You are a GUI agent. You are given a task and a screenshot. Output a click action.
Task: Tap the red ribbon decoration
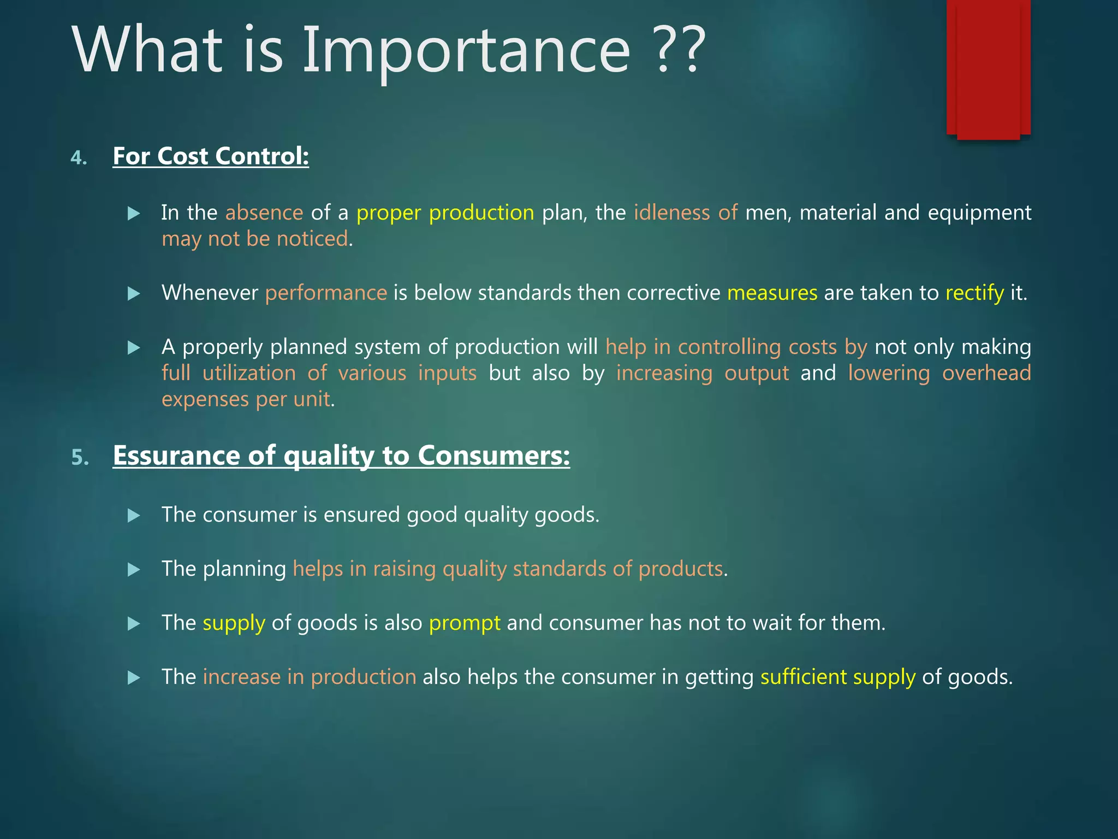point(988,68)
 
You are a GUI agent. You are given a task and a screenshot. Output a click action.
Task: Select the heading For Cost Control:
point(211,156)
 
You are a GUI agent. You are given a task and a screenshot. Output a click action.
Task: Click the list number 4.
point(79,158)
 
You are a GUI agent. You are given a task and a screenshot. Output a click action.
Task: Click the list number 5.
point(80,457)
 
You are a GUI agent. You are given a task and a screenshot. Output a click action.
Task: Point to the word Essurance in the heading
point(176,456)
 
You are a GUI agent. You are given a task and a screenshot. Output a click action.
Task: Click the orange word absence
point(264,212)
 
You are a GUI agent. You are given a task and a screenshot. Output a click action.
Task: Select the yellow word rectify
point(974,293)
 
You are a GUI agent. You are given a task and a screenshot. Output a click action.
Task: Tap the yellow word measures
point(772,293)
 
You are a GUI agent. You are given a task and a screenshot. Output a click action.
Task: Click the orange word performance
point(326,293)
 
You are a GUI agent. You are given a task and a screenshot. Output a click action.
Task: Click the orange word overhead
point(986,373)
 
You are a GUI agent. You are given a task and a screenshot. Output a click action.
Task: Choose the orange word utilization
point(249,373)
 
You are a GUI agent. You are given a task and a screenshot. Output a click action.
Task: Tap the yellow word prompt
point(465,623)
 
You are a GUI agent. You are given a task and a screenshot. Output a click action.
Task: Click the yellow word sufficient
point(804,677)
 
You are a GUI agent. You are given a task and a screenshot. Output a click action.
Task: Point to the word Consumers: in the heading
point(493,456)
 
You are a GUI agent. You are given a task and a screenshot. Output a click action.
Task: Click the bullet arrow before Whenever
point(134,294)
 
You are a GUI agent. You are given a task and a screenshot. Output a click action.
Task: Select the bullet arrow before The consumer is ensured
point(134,515)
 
